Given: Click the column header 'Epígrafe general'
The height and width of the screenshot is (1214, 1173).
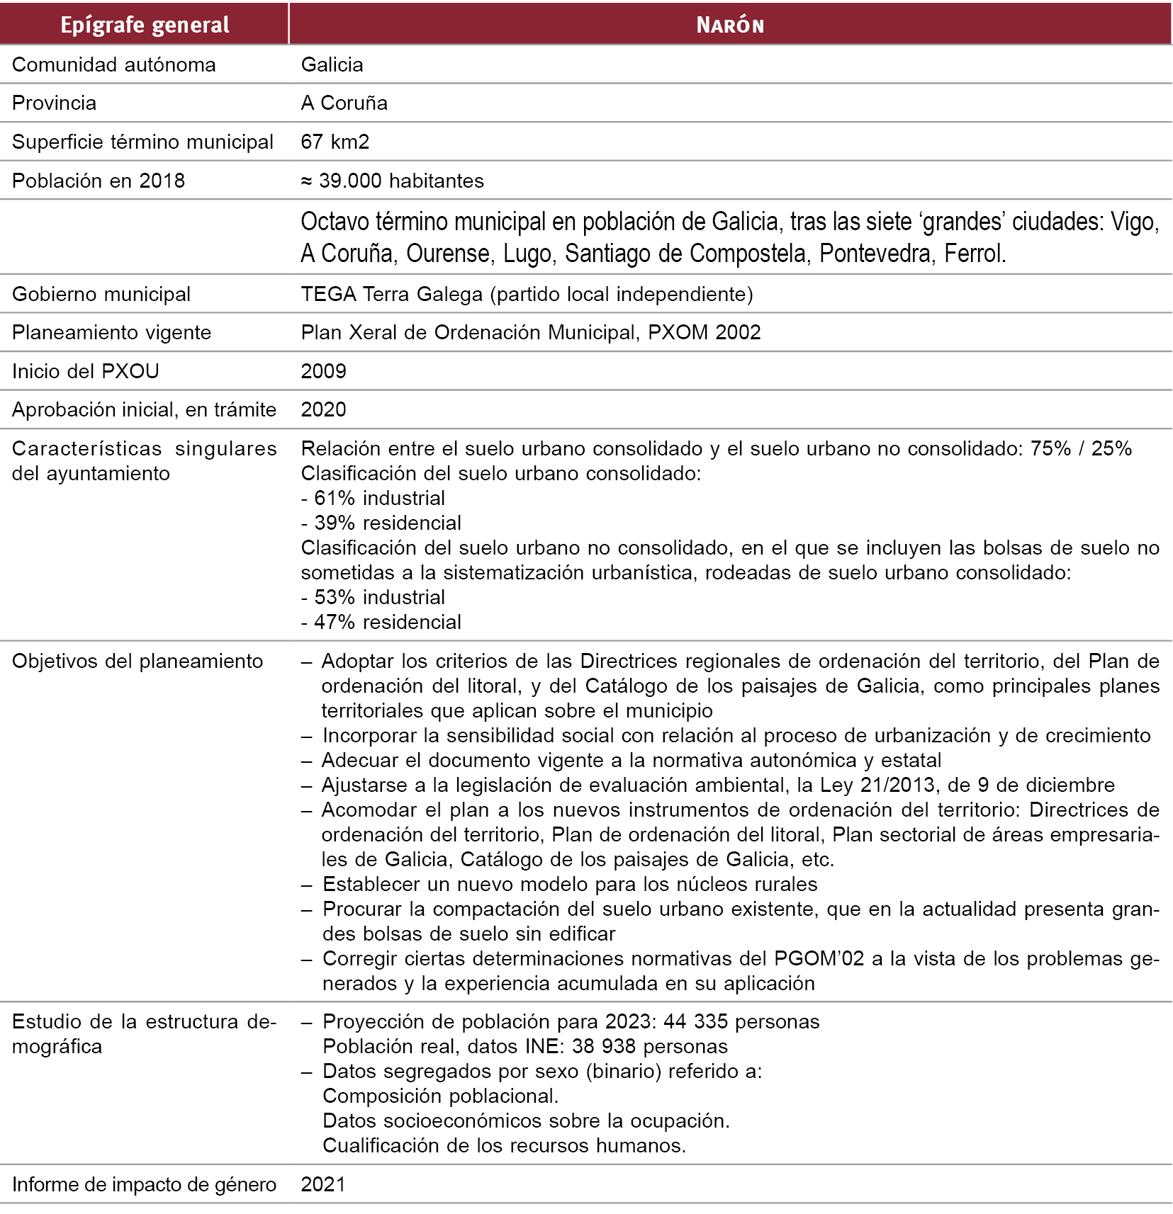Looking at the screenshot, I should [145, 25].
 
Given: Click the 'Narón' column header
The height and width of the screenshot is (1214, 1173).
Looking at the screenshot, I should [730, 25].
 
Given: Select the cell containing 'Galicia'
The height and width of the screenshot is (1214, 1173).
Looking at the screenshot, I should [332, 64].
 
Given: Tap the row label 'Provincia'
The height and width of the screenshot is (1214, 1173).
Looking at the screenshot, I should [54, 103].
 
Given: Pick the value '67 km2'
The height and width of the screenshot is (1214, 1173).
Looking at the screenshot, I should [335, 142].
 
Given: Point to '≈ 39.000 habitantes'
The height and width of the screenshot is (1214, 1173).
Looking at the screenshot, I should [392, 181].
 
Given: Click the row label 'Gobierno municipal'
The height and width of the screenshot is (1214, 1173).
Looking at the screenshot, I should [101, 294].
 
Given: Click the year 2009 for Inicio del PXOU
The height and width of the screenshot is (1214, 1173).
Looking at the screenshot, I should [323, 371].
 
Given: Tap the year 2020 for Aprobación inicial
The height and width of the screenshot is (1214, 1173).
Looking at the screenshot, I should [323, 409].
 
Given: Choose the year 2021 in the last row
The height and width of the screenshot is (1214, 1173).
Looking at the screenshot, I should [323, 1184].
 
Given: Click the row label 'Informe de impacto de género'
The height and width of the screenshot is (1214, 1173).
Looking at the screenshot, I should [144, 1184].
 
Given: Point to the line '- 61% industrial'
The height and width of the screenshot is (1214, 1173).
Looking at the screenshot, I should [373, 498].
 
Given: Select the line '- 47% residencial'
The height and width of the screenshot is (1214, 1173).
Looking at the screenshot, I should [381, 622].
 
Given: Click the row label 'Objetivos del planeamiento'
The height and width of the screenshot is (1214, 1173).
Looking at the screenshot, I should [137, 661].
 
